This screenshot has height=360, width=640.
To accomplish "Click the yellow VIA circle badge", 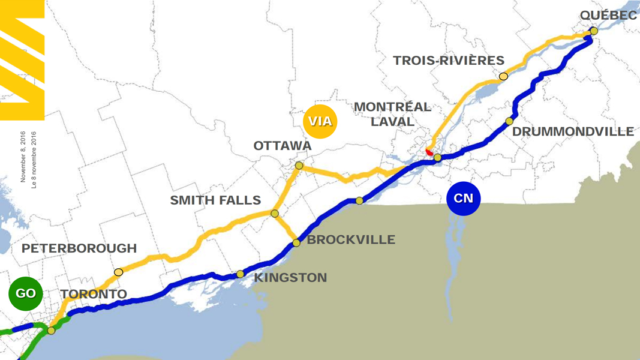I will tap(320, 122).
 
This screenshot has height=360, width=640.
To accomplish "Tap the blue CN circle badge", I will tap(464, 198).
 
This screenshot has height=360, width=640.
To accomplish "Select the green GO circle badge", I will tap(26, 293).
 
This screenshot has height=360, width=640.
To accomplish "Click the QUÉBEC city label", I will tap(608, 15).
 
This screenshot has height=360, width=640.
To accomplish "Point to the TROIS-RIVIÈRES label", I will tap(449, 61).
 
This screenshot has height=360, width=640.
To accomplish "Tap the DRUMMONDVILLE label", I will tap(573, 131).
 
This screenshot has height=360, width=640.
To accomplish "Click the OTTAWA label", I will tap(283, 146).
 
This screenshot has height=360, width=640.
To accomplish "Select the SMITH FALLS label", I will tap(215, 200).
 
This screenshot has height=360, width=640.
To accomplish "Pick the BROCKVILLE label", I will tap(351, 240).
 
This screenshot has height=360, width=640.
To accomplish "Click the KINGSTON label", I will tap(290, 278).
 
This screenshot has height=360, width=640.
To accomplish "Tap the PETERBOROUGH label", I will tap(79, 248).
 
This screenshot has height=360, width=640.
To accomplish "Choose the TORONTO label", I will tap(94, 294).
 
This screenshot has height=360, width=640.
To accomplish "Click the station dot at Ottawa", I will tap(299, 165).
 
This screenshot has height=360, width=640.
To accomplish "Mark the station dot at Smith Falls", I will tap(275, 214).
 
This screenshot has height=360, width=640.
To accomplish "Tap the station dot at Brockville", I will tap(296, 243).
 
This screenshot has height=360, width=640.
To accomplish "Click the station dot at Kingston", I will tap(241, 274).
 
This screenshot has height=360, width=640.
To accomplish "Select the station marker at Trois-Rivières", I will tap(503, 77).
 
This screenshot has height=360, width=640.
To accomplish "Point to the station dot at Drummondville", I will tap(509, 121).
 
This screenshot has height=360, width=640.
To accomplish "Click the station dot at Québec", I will tap(593, 31).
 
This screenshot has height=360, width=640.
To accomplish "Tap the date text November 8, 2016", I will tap(23, 157).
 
